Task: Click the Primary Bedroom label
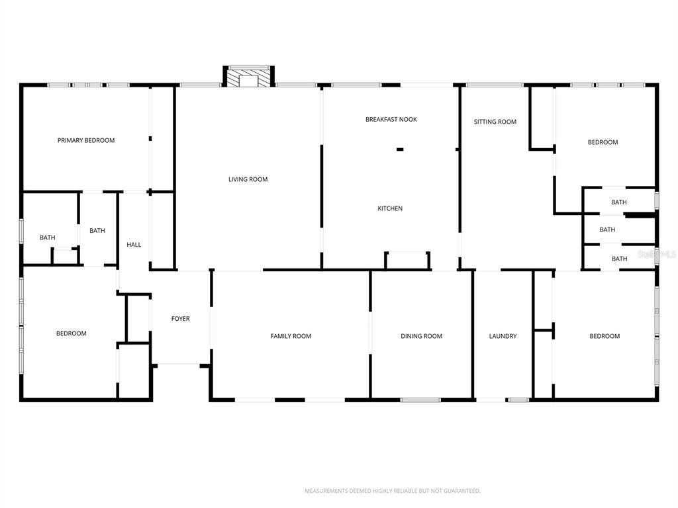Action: coord(86,140)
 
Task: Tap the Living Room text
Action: coord(248,179)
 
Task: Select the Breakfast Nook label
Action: coord(391,120)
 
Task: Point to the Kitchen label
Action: coord(390,208)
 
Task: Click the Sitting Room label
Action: coord(495,122)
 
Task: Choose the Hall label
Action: coord(134,245)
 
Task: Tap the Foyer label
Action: coord(180,319)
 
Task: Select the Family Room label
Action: coord(291,336)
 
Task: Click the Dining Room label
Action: coord(421,336)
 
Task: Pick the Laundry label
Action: coord(503,336)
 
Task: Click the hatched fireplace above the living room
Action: coord(249,78)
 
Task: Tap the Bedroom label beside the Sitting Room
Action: coord(603,142)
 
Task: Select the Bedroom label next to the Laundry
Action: coord(605,336)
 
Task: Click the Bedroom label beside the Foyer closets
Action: coord(71,333)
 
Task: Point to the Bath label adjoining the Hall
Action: coord(97,231)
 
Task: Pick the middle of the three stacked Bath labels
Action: coord(607,230)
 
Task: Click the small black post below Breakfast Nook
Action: coord(400,149)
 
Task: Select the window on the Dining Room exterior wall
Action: coord(420,400)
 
